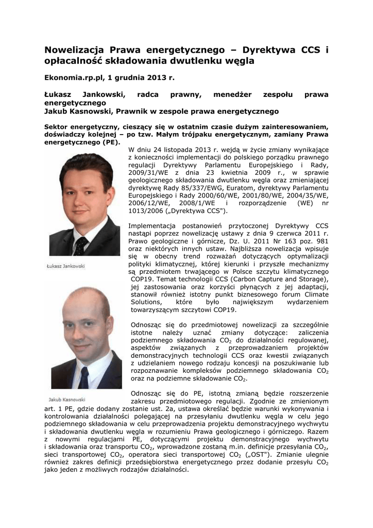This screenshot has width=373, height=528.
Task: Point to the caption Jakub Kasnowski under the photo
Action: pos(68,399)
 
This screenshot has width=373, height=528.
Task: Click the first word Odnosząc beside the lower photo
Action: pos(148,326)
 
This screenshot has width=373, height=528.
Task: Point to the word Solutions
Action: pos(147,302)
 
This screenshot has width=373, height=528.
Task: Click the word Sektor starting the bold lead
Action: pos(57,127)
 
